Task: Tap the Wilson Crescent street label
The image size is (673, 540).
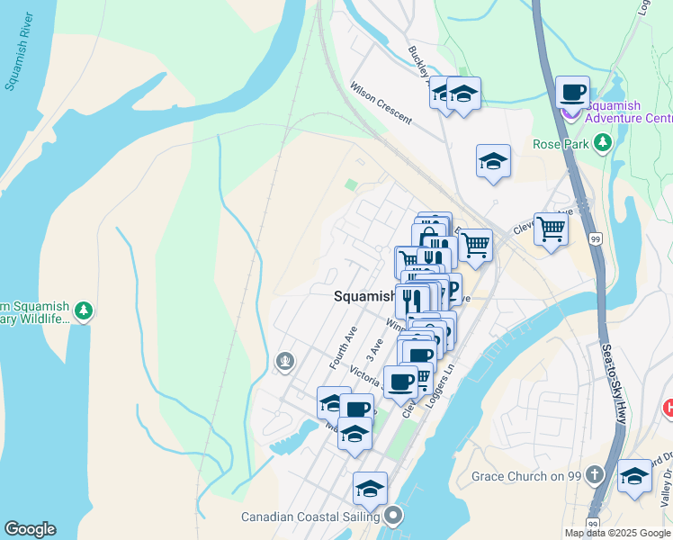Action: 381,103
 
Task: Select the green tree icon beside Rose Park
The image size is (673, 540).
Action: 603,143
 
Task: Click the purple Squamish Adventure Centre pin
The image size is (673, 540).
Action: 570,112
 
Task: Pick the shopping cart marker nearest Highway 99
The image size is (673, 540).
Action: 550,228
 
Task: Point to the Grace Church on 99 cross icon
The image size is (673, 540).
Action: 594,474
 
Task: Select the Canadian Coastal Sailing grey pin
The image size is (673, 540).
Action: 392,516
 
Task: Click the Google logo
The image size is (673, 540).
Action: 30,529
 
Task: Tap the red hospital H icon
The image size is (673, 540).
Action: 668,408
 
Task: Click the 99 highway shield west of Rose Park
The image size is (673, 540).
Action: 595,238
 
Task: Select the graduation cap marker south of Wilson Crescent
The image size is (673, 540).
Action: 493,162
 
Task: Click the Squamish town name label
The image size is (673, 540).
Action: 364,295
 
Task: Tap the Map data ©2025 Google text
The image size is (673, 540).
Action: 616,533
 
